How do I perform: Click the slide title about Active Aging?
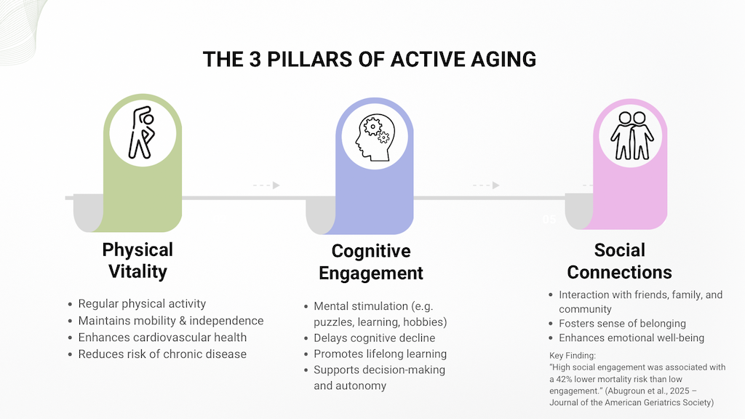coord(370,59)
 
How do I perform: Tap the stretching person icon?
coord(141,132)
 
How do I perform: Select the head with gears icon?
coord(374,137)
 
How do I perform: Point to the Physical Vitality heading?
coord(138,260)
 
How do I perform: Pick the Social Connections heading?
coord(619,260)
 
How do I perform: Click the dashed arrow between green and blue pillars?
coord(266,185)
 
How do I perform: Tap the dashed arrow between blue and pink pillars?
coord(486,185)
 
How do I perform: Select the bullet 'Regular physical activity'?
coord(142,304)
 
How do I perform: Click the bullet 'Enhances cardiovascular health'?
coord(162,338)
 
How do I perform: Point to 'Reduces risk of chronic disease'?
coord(162,354)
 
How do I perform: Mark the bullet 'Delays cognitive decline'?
coord(374,338)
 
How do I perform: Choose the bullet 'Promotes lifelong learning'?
coord(380,354)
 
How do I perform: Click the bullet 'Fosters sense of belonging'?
coord(622,324)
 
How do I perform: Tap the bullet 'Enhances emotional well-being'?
coord(631,338)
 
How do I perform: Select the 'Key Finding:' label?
coord(573,355)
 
